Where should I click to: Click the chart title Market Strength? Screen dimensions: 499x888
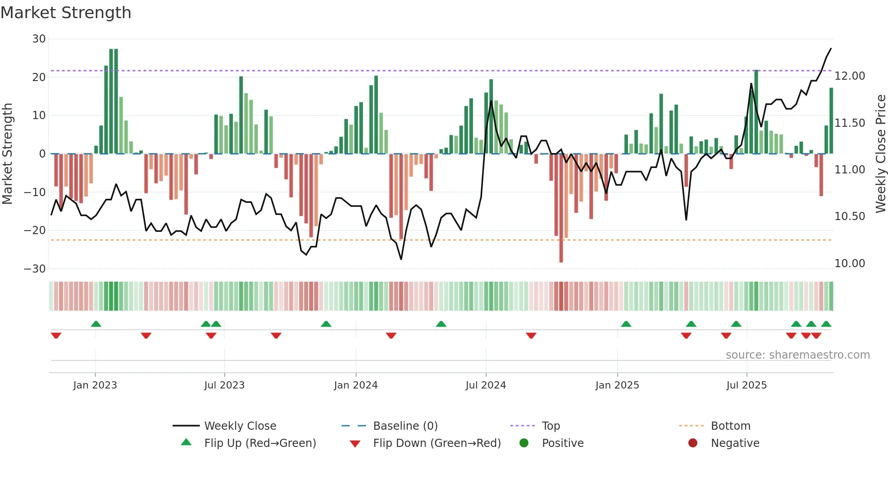click(66, 13)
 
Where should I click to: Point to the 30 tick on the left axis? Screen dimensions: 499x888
click(39, 39)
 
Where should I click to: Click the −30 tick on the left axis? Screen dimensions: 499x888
click(35, 269)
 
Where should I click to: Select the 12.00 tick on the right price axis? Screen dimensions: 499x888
click(849, 76)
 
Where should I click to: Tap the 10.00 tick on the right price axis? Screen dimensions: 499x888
click(849, 264)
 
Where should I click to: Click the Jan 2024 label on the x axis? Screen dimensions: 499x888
click(356, 385)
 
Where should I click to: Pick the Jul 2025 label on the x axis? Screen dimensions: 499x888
click(746, 385)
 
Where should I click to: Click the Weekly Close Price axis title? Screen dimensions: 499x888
click(880, 154)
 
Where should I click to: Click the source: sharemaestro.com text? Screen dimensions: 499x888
click(797, 355)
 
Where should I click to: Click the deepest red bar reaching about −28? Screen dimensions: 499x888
click(561, 208)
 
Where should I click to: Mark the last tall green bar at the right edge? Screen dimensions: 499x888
click(831, 121)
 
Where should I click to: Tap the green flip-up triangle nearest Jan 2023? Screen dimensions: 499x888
click(96, 324)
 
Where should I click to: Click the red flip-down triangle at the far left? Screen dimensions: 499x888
click(56, 336)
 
